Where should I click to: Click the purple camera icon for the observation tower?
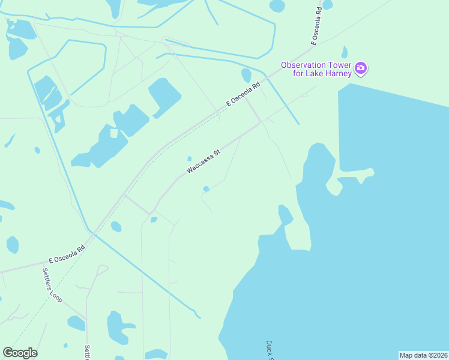click(x=360, y=67)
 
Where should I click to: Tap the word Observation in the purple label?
click(x=304, y=64)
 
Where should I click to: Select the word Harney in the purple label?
click(x=338, y=74)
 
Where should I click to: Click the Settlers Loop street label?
click(x=52, y=284)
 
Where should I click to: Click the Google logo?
click(x=20, y=353)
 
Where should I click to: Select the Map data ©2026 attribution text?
click(x=423, y=355)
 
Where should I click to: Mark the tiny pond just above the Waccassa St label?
click(x=190, y=159)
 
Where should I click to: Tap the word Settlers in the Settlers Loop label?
click(x=48, y=277)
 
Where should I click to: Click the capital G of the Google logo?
click(x=8, y=353)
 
